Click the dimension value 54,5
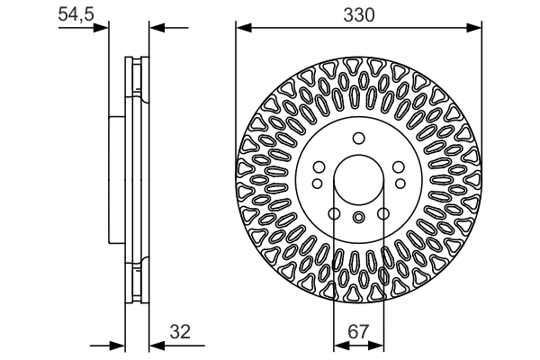(x=76, y=15)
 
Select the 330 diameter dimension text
(x=357, y=15)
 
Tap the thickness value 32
(x=182, y=331)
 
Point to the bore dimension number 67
(x=357, y=331)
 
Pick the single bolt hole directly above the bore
(x=357, y=138)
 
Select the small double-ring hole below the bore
(x=357, y=216)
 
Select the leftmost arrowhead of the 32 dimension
(x=116, y=344)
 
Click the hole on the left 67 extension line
(x=334, y=213)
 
